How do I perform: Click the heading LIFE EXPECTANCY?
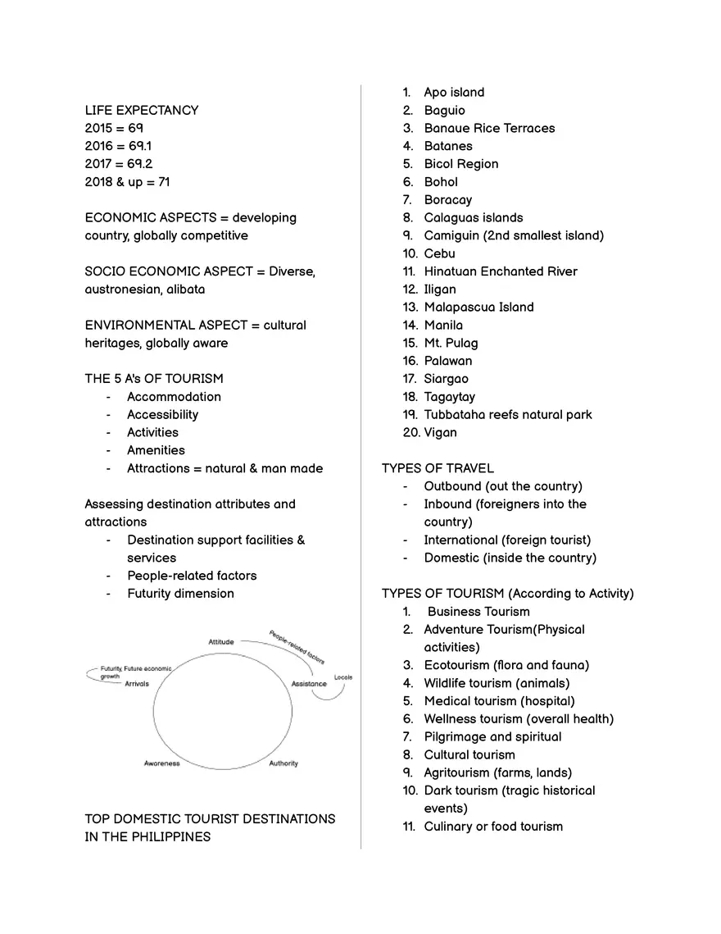[141, 110]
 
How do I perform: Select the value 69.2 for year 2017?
[139, 164]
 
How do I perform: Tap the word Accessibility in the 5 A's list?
[162, 415]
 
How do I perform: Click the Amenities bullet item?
[156, 450]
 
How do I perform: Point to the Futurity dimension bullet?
[180, 594]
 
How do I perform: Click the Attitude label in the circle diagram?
[220, 642]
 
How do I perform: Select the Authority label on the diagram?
[283, 763]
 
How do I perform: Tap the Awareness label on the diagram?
[161, 763]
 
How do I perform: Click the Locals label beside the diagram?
[343, 677]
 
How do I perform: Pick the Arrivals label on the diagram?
[137, 684]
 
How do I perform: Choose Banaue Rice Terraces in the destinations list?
[489, 128]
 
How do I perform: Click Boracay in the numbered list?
[447, 200]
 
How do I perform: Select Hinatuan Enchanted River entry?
[500, 271]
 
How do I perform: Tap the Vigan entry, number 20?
[440, 433]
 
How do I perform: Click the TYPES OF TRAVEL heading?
[438, 468]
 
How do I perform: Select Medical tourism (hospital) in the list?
[499, 701]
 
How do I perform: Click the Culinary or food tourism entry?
[493, 827]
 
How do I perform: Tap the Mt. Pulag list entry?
[451, 343]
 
